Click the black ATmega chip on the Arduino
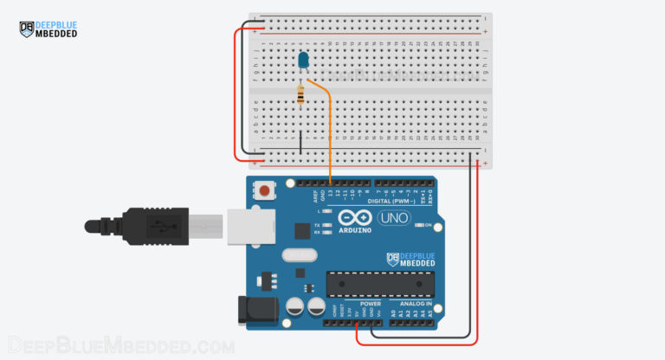(380, 283)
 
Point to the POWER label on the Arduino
(370, 304)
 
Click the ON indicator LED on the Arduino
(418, 225)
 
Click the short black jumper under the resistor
(300, 142)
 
